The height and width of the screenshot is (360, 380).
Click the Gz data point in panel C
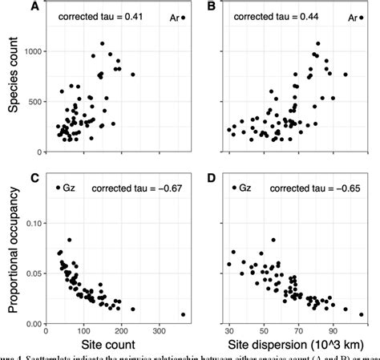click(59, 188)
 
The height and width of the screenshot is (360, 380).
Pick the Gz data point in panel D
click(233, 188)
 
